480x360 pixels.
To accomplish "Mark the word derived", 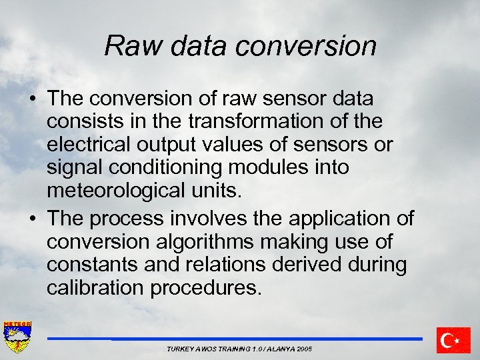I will coord(308,265).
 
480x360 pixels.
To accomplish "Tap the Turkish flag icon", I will coord(453,340).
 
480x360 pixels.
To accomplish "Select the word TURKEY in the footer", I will coord(180,349).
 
